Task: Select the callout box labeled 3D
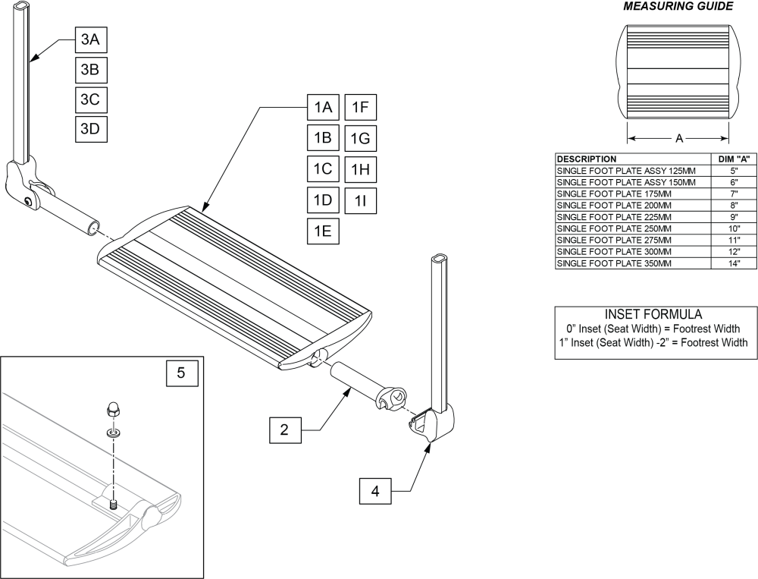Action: [x=90, y=128]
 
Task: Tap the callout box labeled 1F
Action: [x=360, y=109]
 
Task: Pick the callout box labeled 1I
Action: [x=360, y=200]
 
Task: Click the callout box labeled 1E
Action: [x=323, y=231]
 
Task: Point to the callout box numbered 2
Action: [x=284, y=430]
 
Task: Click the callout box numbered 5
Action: [x=181, y=373]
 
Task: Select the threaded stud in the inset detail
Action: [x=114, y=502]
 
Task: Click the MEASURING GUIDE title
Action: [x=678, y=7]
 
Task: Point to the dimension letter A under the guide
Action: [x=679, y=139]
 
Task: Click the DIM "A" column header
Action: [x=734, y=159]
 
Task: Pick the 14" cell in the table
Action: [x=734, y=263]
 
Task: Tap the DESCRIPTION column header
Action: [x=587, y=159]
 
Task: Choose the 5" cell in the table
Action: [x=734, y=171]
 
